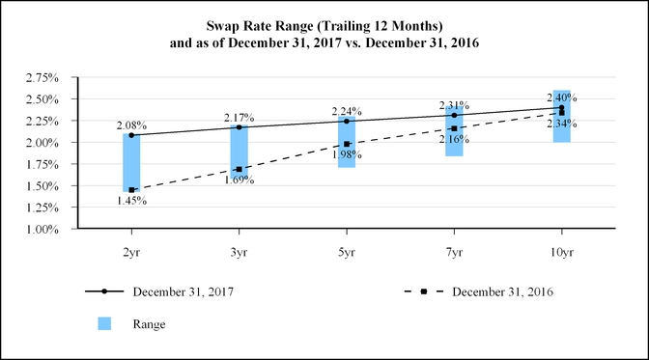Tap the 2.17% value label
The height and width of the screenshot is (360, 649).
tap(239, 118)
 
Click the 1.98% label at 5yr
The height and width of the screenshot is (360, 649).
tap(346, 154)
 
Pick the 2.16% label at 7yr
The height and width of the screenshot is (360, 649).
tap(453, 139)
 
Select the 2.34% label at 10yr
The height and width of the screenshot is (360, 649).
tap(561, 123)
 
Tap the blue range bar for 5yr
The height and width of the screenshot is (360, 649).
tap(346, 145)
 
